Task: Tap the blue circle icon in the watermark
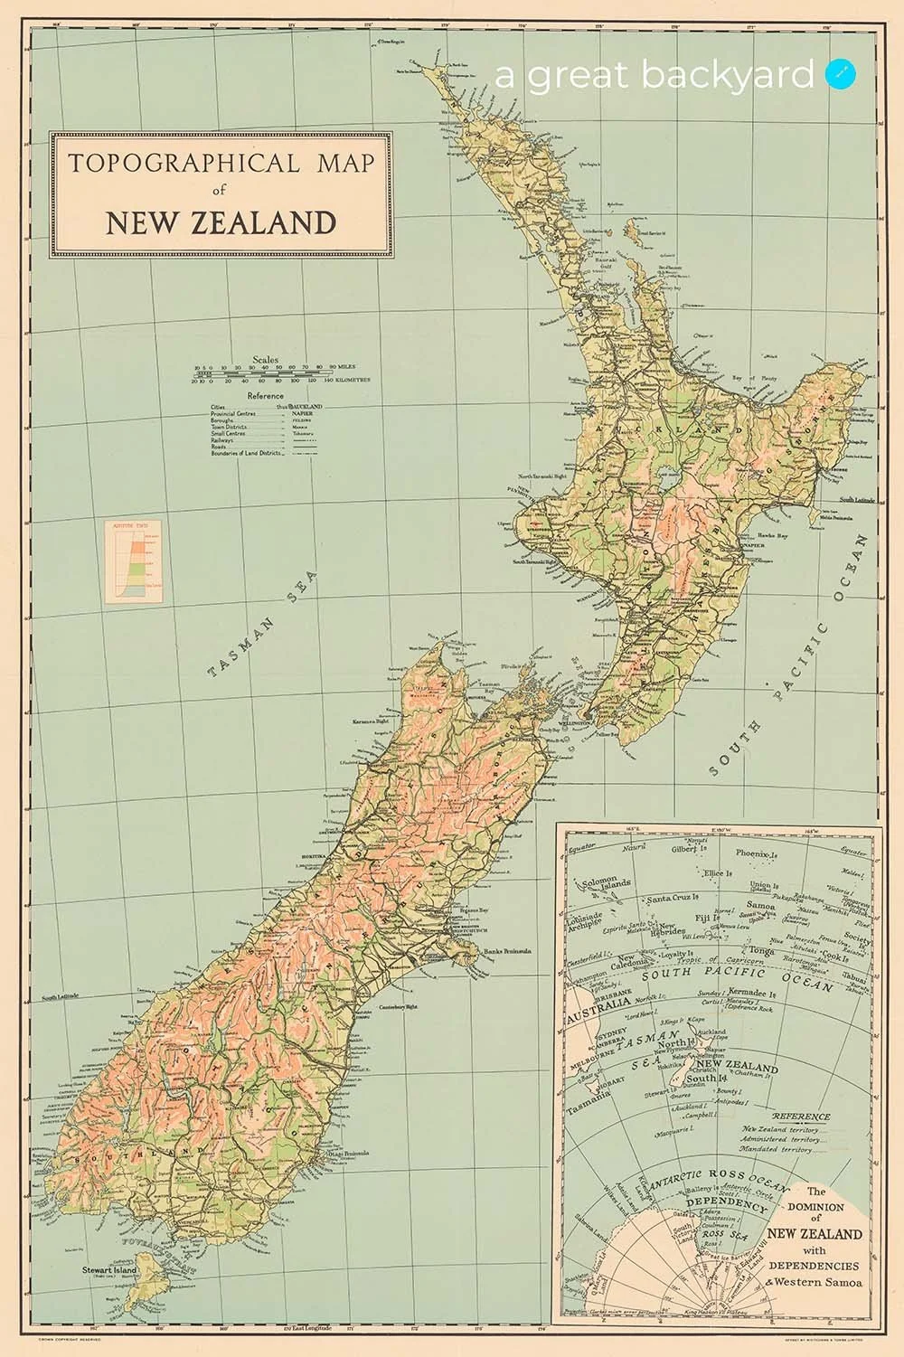click(840, 75)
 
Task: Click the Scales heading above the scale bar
click(267, 359)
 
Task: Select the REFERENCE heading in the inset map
click(782, 1117)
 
